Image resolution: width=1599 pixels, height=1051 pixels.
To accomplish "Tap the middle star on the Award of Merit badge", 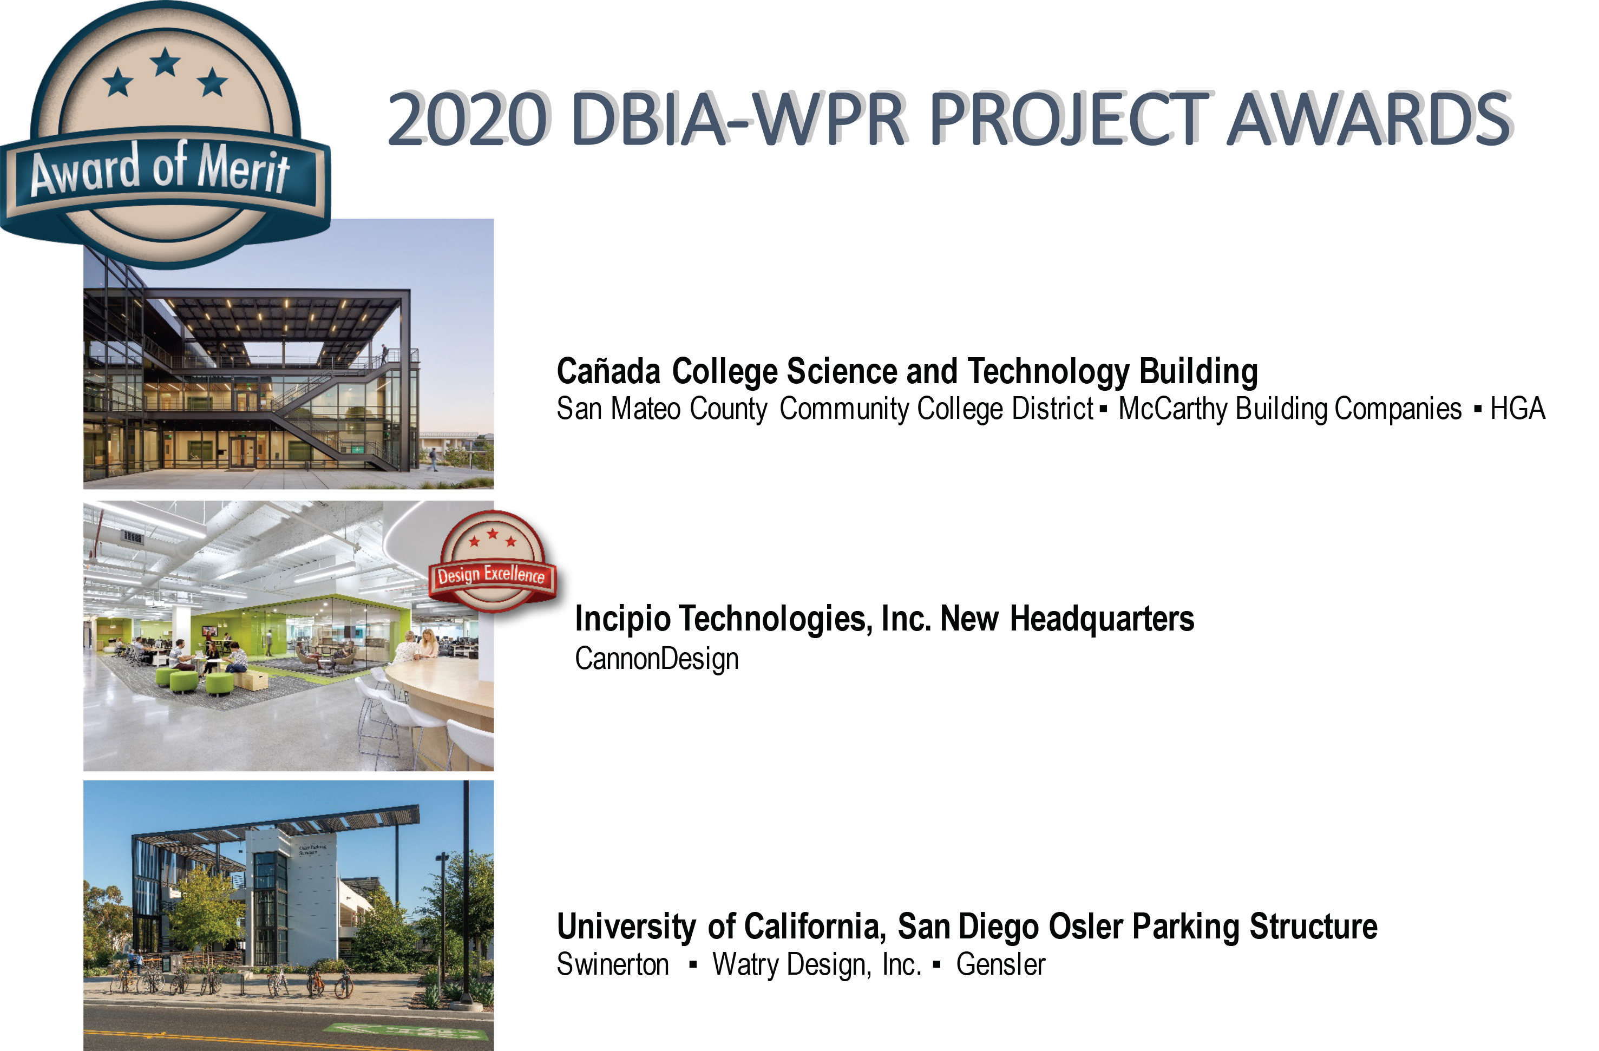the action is (165, 62).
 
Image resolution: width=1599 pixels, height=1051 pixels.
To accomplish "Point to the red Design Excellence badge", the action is (493, 561).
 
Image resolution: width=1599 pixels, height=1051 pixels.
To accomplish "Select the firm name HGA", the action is (1517, 408).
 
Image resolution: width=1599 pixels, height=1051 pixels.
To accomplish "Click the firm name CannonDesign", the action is (657, 659).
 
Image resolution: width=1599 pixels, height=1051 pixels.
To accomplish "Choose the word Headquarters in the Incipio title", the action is (1102, 619).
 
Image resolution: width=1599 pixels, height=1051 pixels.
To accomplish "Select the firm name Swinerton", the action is (613, 964).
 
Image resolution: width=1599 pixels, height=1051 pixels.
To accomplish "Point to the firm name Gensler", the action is (1000, 964).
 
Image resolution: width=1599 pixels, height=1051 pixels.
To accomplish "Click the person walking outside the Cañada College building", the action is (434, 459).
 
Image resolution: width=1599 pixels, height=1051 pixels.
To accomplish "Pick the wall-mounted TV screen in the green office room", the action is (210, 630).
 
